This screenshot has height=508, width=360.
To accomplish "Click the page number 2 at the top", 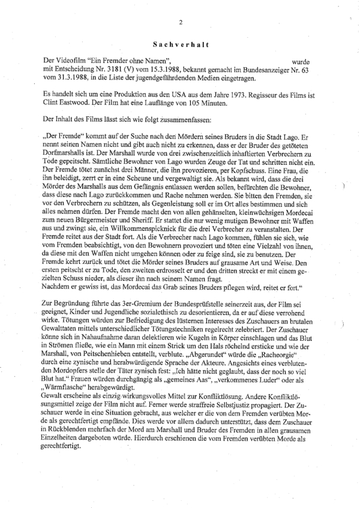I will pos(180,23).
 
